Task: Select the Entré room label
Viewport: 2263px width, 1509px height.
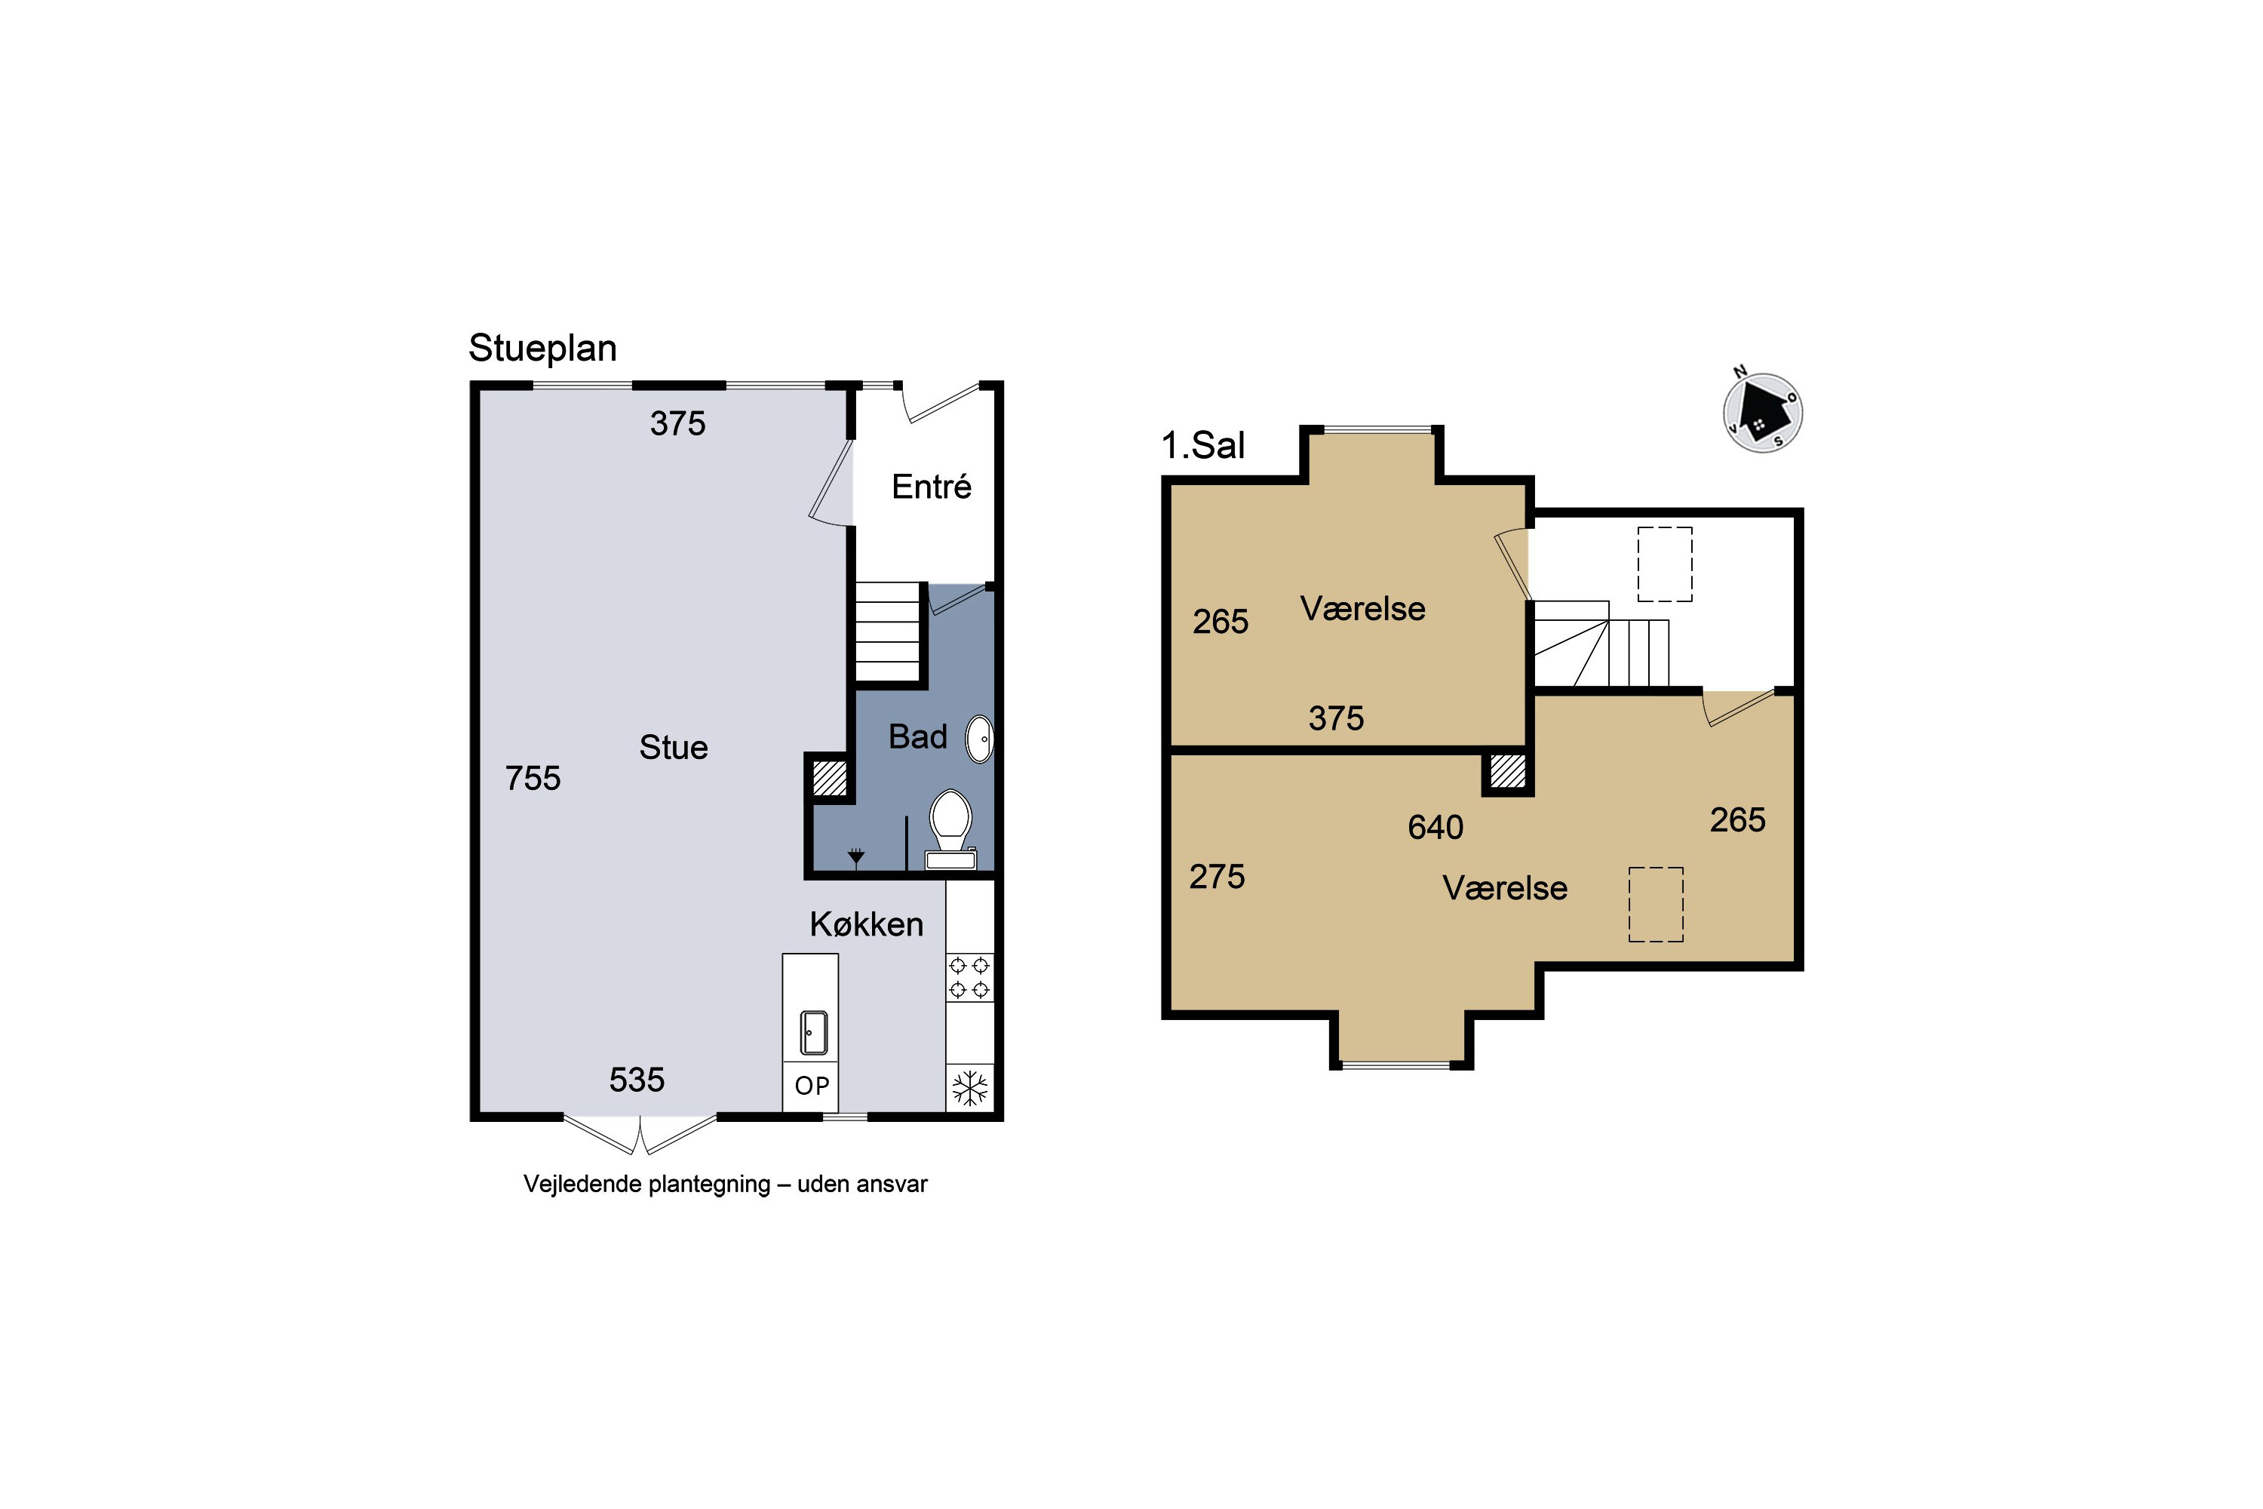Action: tap(932, 486)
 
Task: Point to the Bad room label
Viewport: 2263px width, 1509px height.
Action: tap(918, 736)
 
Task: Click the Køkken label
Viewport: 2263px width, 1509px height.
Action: tap(867, 924)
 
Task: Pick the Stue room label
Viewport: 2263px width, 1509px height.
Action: tap(674, 748)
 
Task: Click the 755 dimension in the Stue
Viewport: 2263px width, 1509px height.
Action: tap(533, 778)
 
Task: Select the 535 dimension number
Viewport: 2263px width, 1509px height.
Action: tap(637, 1080)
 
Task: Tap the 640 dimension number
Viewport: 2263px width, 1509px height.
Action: tap(1435, 827)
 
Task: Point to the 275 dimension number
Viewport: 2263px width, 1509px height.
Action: tap(1217, 877)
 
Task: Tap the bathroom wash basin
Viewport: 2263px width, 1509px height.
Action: tap(979, 739)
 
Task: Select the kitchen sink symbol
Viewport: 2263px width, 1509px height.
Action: tap(814, 1033)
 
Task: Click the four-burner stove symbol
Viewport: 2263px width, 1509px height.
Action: tap(970, 977)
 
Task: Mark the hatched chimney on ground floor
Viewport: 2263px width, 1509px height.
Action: tap(829, 778)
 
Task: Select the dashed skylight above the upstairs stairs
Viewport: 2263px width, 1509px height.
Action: tap(1665, 564)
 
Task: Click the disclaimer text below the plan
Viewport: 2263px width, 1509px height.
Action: tap(726, 1185)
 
